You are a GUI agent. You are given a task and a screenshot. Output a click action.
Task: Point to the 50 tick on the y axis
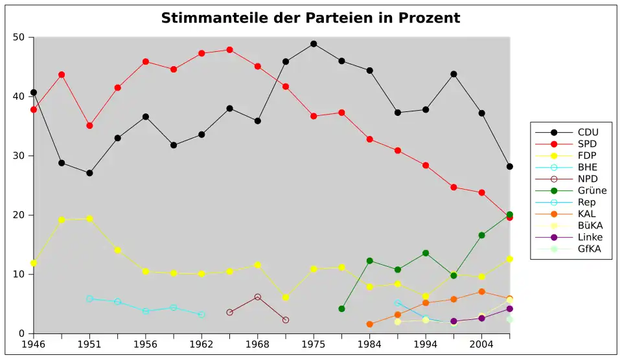[19, 38]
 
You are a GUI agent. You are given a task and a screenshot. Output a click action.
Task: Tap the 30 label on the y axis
[19, 156]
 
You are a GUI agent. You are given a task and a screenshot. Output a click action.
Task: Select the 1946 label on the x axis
[33, 344]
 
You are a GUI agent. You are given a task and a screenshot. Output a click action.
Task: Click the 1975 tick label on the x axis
[314, 344]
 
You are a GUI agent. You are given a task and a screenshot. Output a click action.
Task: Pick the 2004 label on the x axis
[481, 344]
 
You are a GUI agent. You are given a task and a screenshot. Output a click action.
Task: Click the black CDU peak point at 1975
[314, 44]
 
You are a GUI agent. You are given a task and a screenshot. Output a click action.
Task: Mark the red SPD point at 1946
[34, 110]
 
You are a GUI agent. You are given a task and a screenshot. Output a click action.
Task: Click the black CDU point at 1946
[34, 93]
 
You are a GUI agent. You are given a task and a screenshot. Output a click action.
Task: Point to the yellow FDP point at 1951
[89, 218]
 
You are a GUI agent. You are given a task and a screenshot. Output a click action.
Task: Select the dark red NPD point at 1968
[258, 297]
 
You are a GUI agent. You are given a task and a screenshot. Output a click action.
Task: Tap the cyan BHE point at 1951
[89, 299]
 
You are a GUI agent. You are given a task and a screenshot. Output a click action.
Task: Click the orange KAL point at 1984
[370, 324]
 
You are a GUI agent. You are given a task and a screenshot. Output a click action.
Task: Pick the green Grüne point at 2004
[481, 236]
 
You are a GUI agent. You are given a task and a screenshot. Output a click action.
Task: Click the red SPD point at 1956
[146, 62]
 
